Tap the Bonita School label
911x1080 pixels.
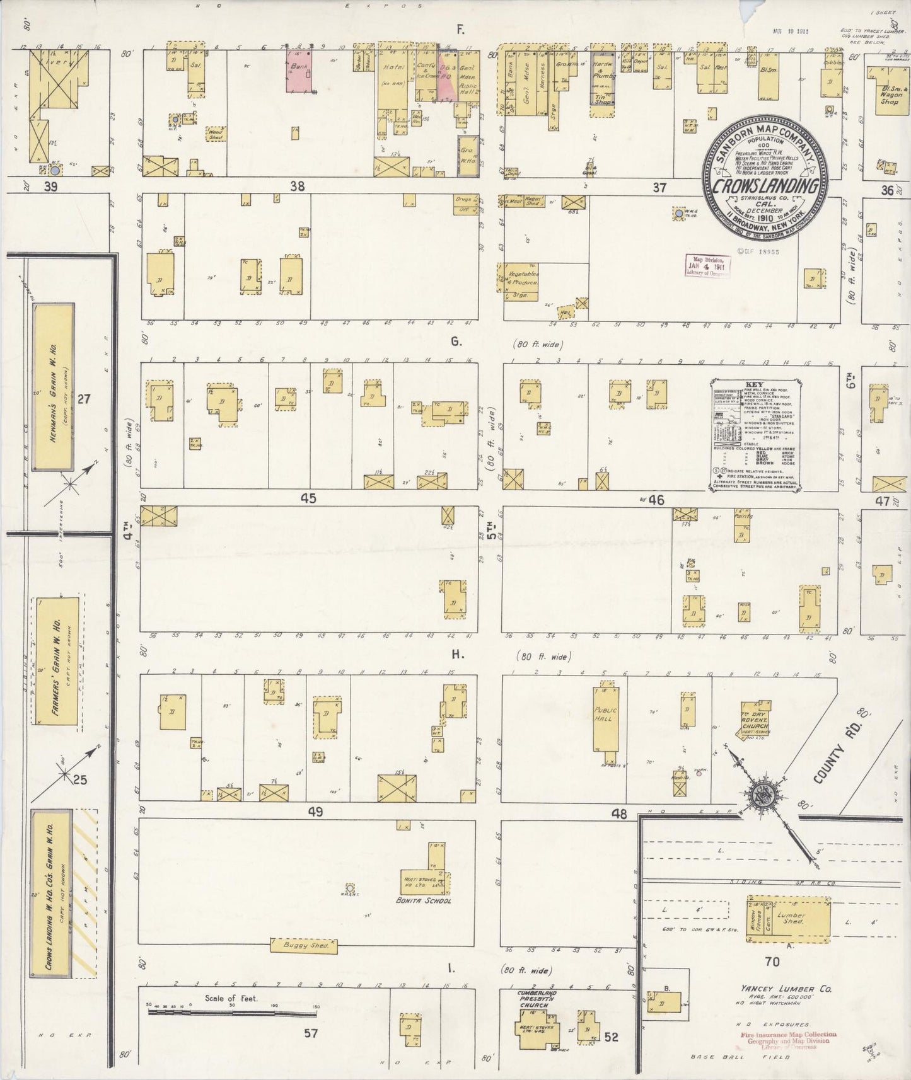[x=427, y=900]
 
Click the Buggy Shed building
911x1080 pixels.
[x=304, y=946]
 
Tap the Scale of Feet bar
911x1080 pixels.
[x=233, y=1013]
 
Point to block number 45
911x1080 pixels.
[x=308, y=498]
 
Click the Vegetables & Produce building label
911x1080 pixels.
[x=523, y=279]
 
